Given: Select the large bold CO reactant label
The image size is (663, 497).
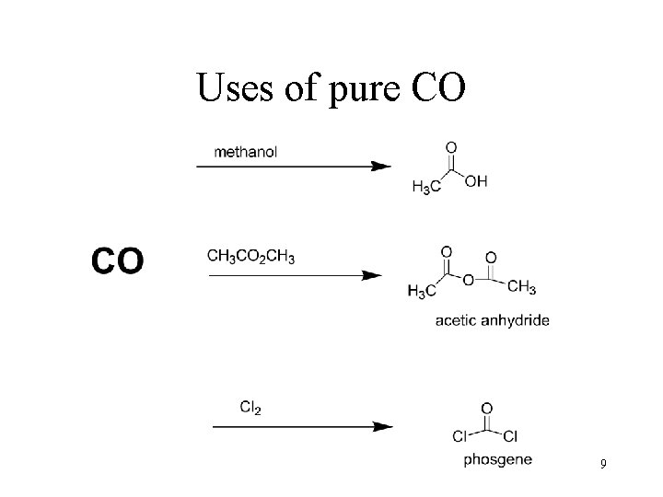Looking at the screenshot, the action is (117, 260).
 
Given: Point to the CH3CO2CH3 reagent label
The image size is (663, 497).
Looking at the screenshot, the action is (251, 256).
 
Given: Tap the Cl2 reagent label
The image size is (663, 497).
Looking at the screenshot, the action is (250, 407).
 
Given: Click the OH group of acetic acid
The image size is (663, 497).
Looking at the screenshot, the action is (476, 181).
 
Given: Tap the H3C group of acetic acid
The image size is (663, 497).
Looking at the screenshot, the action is (425, 187).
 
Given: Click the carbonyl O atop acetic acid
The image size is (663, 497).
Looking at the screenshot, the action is (450, 146).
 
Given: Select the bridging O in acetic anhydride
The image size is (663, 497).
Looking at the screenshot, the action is (469, 279).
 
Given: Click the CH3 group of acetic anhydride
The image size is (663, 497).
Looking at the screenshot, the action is (522, 288).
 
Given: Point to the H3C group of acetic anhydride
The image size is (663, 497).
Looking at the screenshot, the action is (421, 292).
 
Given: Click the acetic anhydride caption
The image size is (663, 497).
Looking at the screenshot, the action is (492, 321).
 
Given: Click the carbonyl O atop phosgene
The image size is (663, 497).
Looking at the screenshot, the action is (485, 407).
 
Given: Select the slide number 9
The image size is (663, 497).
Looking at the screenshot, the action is (602, 464).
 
